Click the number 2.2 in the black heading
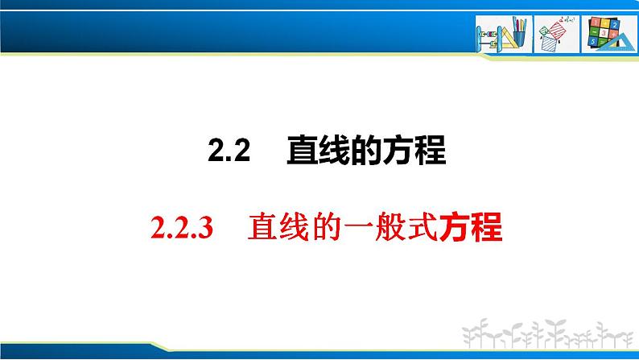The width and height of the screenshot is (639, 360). click(231, 152)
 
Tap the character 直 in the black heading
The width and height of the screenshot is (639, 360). click(303, 151)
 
